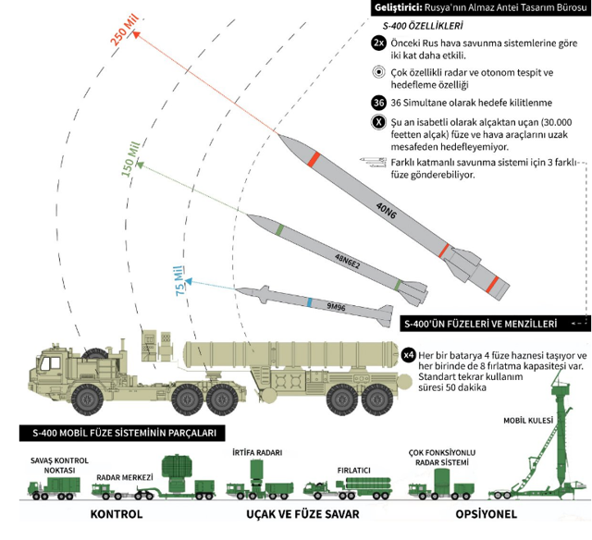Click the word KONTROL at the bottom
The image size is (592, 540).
pyautogui.click(x=116, y=514)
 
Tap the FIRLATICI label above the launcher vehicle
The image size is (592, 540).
pyautogui.click(x=355, y=469)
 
